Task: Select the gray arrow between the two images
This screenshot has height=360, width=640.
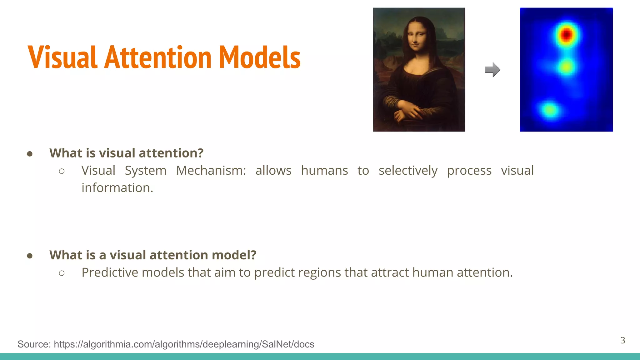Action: click(492, 70)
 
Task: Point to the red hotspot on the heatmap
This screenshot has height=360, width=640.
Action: click(566, 34)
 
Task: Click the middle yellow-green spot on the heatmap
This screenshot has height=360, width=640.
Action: click(566, 67)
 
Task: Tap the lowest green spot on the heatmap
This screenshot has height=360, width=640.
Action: click(549, 110)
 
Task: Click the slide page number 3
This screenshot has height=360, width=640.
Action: click(622, 340)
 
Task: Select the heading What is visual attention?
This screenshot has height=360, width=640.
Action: click(126, 153)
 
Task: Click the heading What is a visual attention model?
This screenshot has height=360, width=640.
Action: click(153, 255)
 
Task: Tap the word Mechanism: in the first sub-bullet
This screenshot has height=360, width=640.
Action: click(211, 171)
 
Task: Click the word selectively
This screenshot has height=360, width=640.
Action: click(408, 171)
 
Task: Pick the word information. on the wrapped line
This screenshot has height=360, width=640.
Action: click(117, 188)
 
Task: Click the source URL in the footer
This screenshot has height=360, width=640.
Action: click(184, 344)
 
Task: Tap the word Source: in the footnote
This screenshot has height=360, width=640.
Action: click(34, 344)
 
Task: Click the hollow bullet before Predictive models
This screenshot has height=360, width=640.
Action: click(62, 273)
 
